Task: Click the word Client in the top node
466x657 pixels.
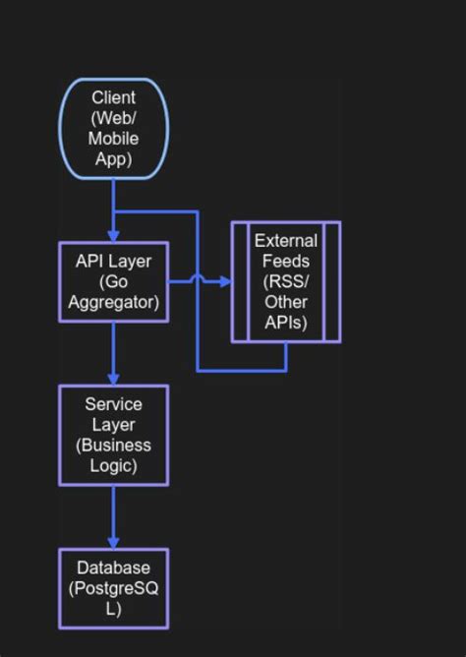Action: pos(113,97)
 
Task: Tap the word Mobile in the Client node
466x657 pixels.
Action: pos(113,139)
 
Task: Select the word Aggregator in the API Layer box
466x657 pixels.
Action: pos(113,302)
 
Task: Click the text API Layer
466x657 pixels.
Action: pos(113,261)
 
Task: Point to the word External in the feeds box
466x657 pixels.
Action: pos(286,240)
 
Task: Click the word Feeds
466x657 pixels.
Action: pos(286,261)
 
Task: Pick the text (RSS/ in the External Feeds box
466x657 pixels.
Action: pos(286,281)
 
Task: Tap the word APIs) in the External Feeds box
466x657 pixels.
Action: pos(286,324)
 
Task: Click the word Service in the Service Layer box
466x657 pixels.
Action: pos(113,404)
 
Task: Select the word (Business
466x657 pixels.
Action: pos(113,446)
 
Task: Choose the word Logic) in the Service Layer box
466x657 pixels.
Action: pos(113,466)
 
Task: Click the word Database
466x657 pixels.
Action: pos(113,567)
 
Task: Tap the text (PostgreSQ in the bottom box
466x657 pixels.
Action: pos(113,588)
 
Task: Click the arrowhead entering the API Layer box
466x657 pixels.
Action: pos(113,236)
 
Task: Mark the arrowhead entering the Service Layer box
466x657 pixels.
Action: pos(113,380)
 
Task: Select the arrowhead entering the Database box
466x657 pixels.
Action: pos(113,543)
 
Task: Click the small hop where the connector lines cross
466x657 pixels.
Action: pos(198,280)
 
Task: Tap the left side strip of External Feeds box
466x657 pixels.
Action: pos(240,281)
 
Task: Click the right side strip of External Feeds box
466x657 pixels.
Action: pos(332,281)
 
